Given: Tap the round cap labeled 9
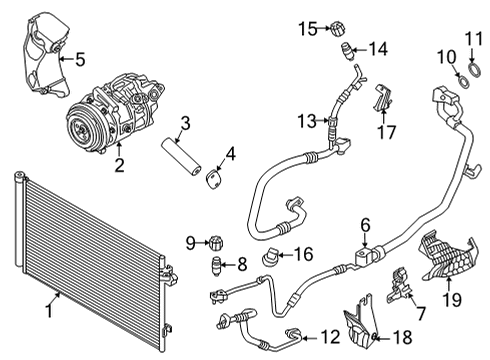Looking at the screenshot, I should click(x=212, y=242).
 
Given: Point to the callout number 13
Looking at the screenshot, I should click(x=307, y=121).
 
